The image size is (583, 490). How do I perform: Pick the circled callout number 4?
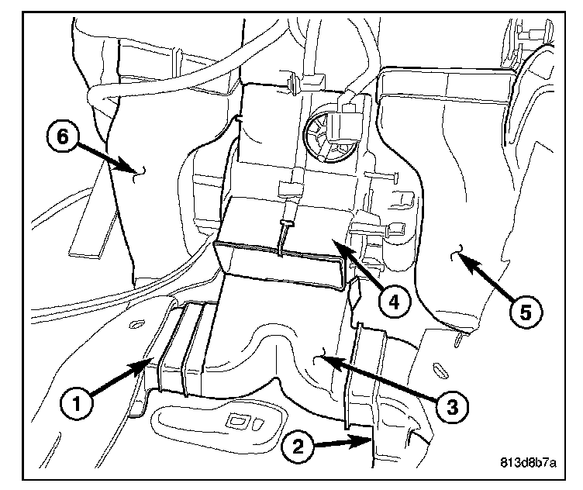395,302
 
